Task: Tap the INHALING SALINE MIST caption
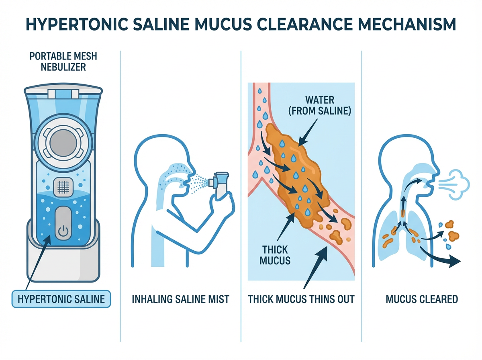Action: pyautogui.click(x=181, y=299)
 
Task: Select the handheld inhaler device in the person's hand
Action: pyautogui.click(x=221, y=183)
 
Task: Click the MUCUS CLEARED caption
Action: pyautogui.click(x=421, y=299)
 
